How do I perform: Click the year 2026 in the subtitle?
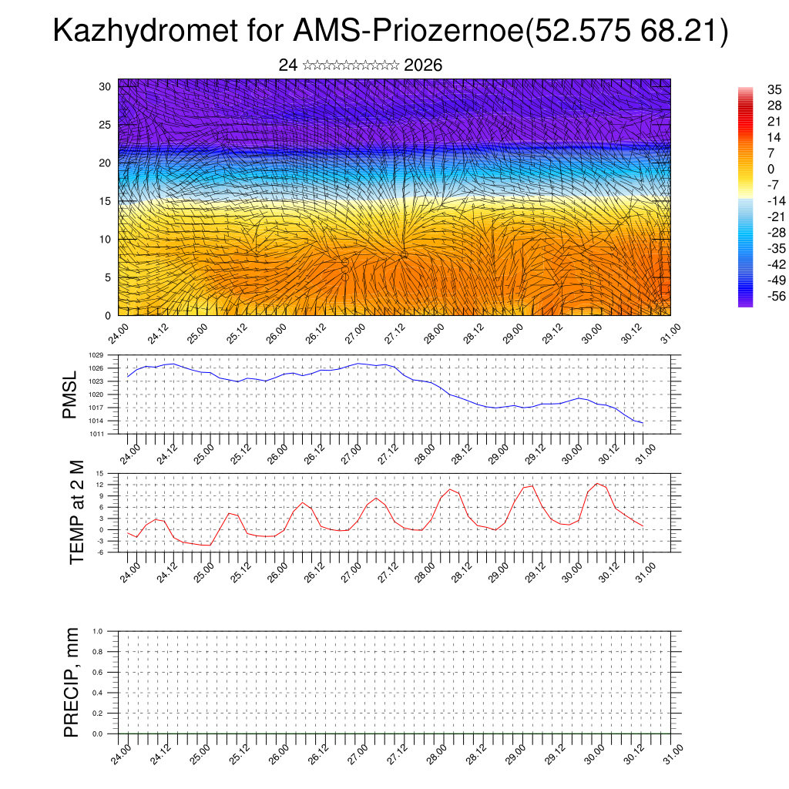pyautogui.click(x=423, y=65)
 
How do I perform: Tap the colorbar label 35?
pyautogui.click(x=774, y=89)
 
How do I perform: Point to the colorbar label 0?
pyautogui.click(x=771, y=169)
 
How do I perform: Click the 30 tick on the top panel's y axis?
pyautogui.click(x=106, y=86)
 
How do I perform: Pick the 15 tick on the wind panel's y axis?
pyautogui.click(x=106, y=201)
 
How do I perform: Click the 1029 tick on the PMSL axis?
pyautogui.click(x=96, y=355)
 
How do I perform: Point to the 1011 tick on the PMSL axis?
pyautogui.click(x=96, y=434)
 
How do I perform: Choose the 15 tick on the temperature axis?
pyautogui.click(x=99, y=473)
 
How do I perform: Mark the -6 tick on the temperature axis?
pyautogui.click(x=99, y=552)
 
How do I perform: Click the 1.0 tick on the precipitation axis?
pyautogui.click(x=98, y=631)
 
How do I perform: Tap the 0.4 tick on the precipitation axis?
pyautogui.click(x=98, y=693)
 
